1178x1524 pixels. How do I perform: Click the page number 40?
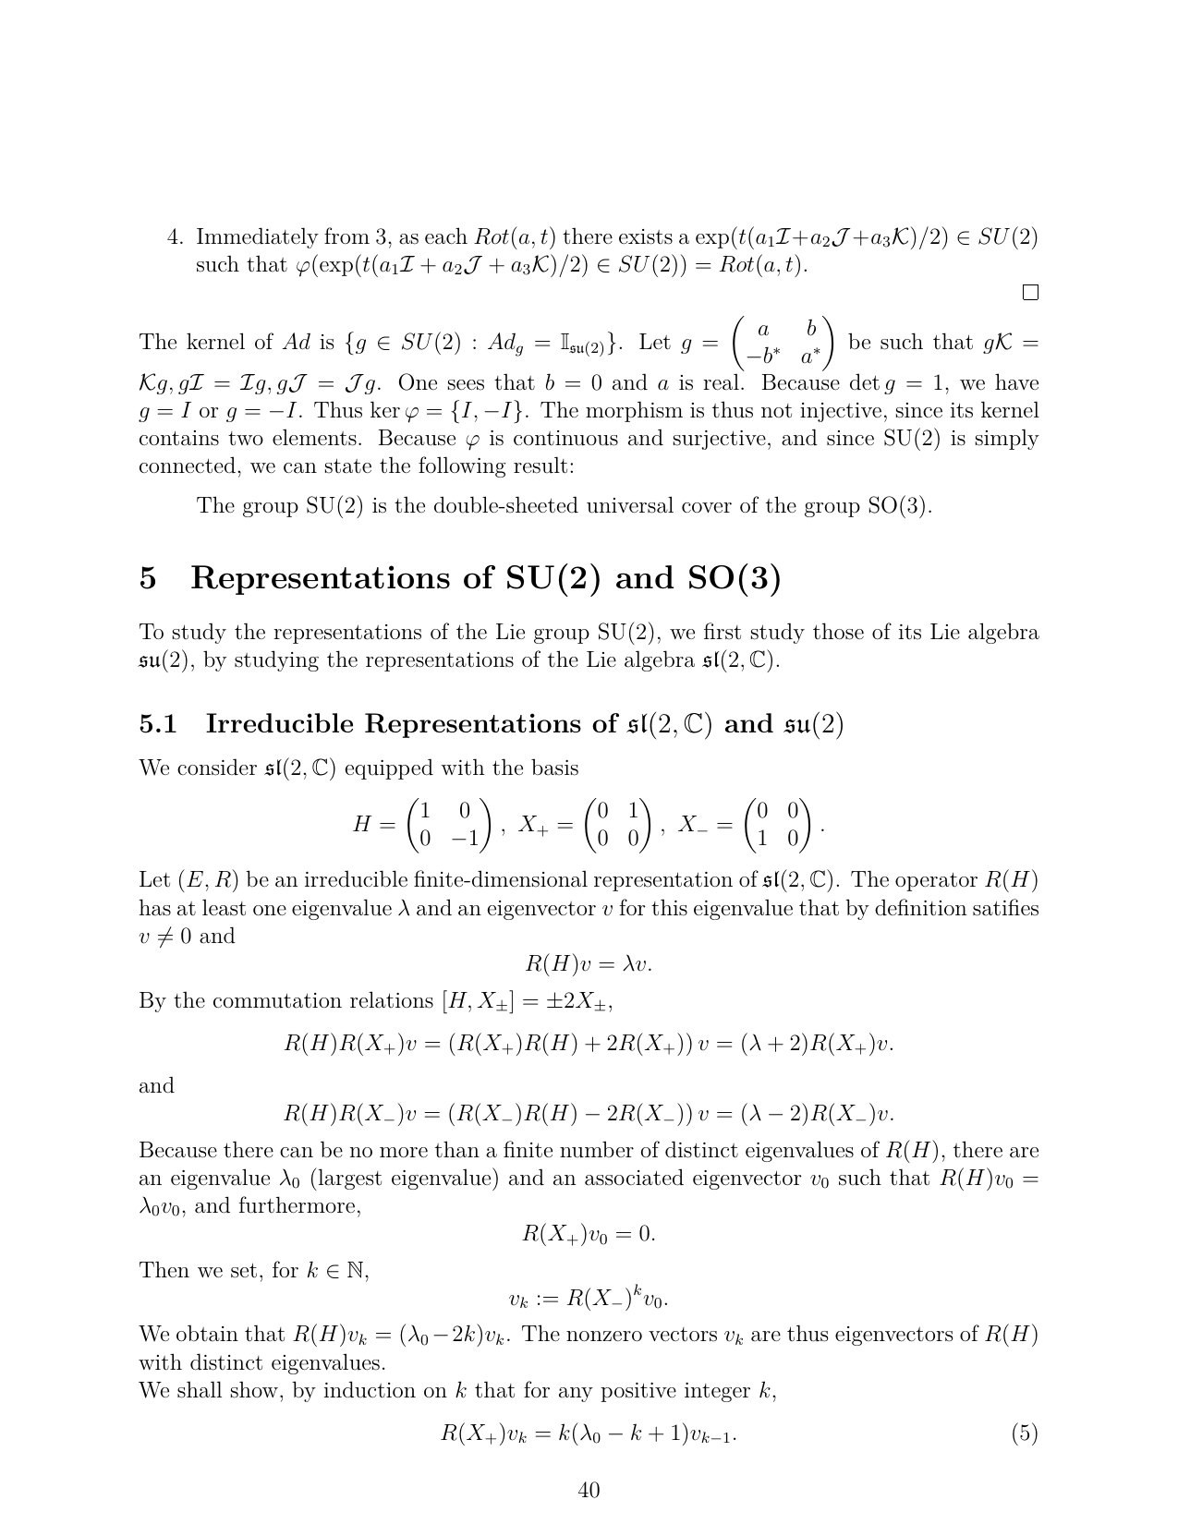coord(589,1489)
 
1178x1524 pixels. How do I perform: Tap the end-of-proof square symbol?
coord(1030,293)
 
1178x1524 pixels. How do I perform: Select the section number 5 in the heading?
coord(148,578)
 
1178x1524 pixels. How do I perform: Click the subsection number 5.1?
coord(158,724)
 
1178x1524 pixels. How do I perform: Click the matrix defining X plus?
coord(618,825)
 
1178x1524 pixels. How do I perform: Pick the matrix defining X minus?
coord(778,825)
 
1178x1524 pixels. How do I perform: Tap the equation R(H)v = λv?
coord(589,964)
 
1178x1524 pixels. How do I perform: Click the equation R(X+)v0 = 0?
coord(589,1234)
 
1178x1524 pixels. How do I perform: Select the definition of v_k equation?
coord(589,1298)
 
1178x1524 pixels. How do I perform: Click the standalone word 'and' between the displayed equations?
coord(156,1086)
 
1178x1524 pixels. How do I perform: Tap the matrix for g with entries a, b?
coord(783,343)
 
